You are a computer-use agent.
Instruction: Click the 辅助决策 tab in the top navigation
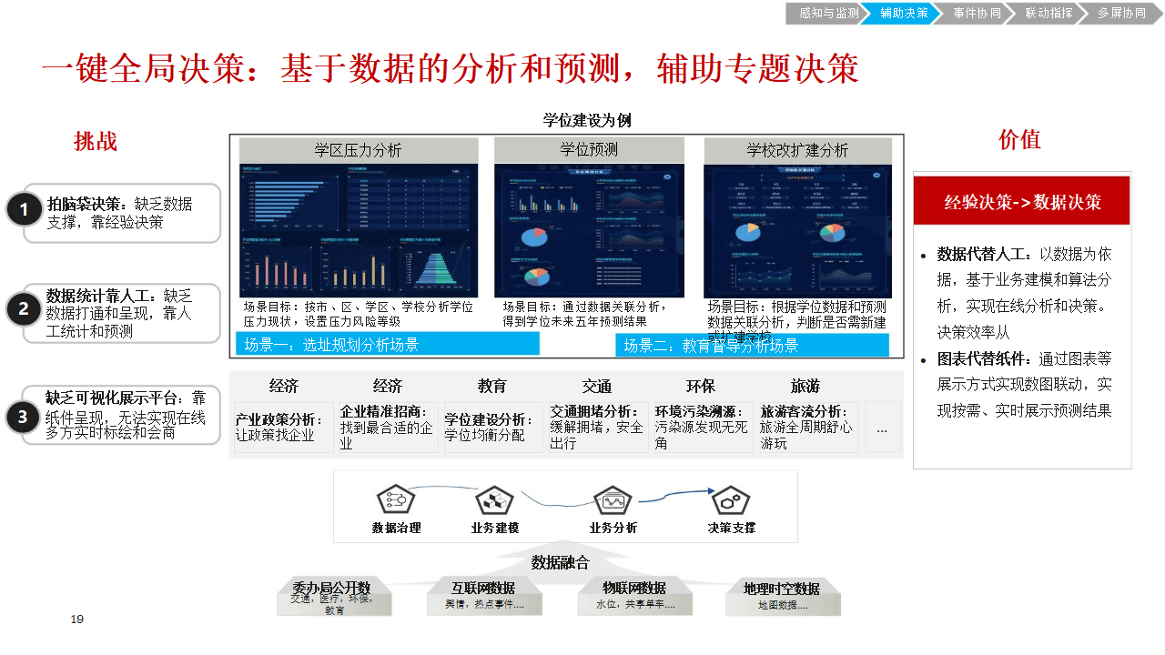point(904,13)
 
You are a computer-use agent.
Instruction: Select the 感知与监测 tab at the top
point(828,13)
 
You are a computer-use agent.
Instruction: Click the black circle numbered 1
point(25,211)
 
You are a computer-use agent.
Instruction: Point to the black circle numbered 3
point(25,418)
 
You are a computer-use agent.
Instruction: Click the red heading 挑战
point(96,141)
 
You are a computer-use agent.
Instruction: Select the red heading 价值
point(1019,139)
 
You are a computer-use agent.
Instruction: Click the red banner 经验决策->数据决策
point(1022,202)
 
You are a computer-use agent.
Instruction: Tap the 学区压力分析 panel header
point(359,150)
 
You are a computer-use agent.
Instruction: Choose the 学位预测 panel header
point(589,150)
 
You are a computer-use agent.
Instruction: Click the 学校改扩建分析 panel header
point(797,150)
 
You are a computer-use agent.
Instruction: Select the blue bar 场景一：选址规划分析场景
point(388,344)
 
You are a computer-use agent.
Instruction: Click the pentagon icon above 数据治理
point(396,500)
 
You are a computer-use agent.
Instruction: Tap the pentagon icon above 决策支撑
point(730,500)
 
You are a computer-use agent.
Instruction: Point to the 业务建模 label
point(495,528)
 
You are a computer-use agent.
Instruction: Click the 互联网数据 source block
point(483,595)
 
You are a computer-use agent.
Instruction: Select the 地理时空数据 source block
point(782,595)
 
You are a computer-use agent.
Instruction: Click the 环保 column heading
point(701,386)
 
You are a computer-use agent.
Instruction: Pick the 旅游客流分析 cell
point(806,427)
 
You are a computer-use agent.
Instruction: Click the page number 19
point(77,620)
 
